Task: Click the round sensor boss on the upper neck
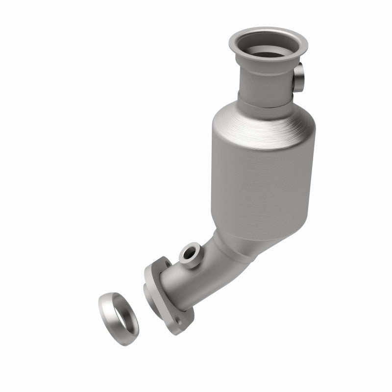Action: coord(300,78)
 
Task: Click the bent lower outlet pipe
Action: coord(196,274)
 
